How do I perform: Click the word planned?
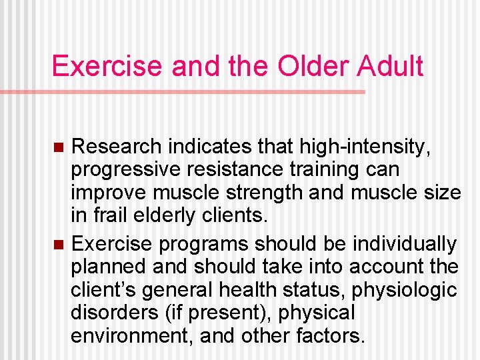click(x=108, y=267)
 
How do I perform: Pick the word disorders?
click(x=115, y=313)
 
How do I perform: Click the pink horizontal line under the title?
click(x=200, y=92)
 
